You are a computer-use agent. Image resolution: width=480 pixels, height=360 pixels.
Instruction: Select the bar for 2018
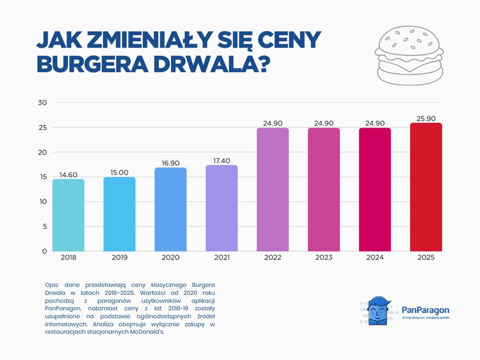(68, 215)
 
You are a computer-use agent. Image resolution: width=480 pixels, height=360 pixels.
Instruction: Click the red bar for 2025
(426, 187)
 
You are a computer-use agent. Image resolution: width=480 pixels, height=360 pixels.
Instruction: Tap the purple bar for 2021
(221, 208)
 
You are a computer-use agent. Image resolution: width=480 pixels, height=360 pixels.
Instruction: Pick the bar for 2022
(273, 190)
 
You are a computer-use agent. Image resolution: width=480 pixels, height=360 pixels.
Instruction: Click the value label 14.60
(68, 174)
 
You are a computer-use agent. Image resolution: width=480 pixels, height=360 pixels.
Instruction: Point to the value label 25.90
(426, 118)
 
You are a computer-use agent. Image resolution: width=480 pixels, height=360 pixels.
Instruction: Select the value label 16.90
(170, 162)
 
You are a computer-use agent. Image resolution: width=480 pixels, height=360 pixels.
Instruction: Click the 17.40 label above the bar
(221, 160)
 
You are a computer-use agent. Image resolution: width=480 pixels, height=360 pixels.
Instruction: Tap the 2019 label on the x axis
(119, 258)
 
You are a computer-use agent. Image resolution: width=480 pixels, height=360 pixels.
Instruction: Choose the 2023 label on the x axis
(323, 258)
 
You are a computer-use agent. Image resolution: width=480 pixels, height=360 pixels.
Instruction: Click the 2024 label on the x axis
(375, 258)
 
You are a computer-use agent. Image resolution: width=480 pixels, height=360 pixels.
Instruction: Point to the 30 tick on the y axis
(42, 103)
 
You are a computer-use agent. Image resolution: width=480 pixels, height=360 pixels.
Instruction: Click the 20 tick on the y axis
(42, 152)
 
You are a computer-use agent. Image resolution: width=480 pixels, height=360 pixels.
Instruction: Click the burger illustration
(409, 56)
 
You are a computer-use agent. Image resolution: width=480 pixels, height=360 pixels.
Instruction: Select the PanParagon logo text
(425, 309)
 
